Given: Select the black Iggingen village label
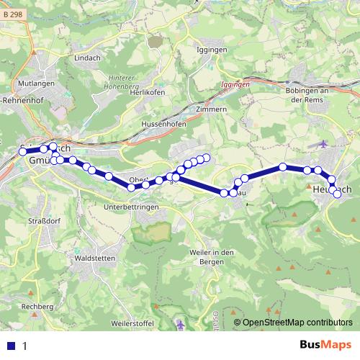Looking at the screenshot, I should (212, 50).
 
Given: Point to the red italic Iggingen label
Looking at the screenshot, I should (235, 84).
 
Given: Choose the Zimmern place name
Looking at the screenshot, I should (211, 109).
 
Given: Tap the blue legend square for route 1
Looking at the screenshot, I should (11, 346).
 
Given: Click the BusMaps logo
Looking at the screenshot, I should (324, 346).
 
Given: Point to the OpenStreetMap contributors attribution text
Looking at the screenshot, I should (297, 323).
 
